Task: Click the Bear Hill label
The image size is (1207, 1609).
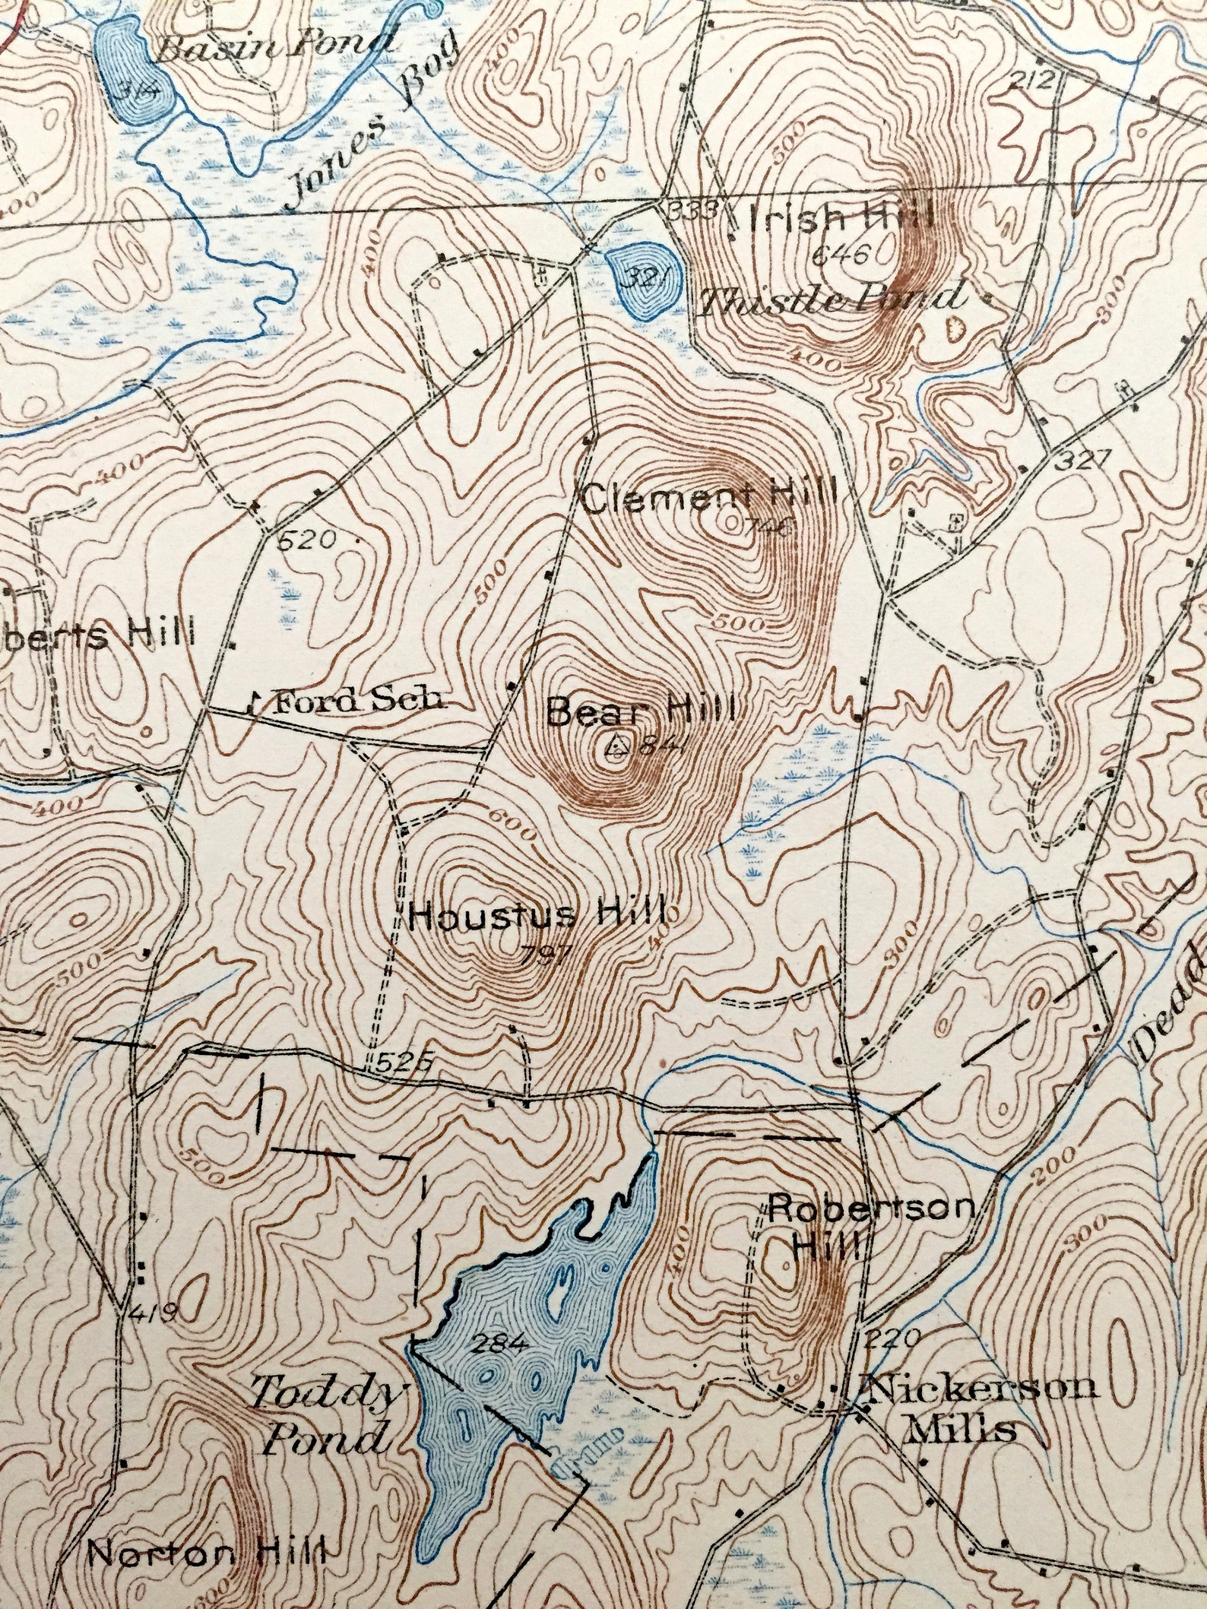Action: coord(641,712)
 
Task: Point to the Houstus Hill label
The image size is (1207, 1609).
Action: coord(537,914)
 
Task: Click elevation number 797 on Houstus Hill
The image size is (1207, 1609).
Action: coord(546,955)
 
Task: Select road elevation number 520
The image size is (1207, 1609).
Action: coord(306,540)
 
